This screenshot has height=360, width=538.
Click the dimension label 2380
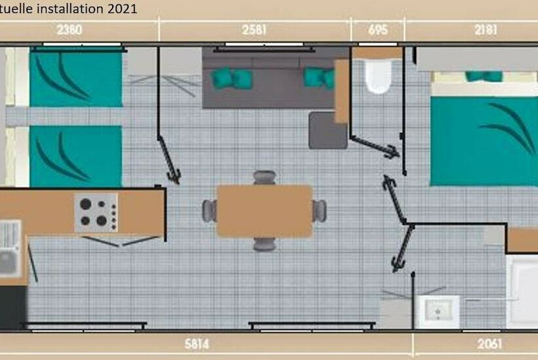click(x=69, y=30)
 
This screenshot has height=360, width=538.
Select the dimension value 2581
click(x=255, y=30)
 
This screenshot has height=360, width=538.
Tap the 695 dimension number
click(x=378, y=30)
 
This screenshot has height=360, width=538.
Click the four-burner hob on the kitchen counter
click(x=96, y=212)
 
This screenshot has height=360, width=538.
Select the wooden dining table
click(x=264, y=210)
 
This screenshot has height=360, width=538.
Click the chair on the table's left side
click(x=209, y=210)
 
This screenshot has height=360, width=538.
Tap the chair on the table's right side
click(x=319, y=210)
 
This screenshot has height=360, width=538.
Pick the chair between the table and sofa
click(x=264, y=178)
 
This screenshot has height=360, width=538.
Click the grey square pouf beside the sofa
click(x=328, y=130)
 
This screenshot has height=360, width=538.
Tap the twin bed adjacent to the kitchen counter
click(x=75, y=156)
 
